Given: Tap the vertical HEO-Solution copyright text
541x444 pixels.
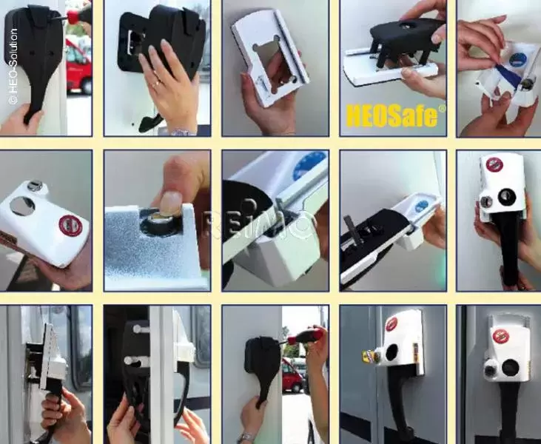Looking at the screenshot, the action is (x=13, y=67).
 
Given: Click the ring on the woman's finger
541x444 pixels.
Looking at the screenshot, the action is (x=157, y=83).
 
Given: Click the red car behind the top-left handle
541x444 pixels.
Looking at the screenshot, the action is (x=78, y=66).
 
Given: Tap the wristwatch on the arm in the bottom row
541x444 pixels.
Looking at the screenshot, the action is (x=246, y=438).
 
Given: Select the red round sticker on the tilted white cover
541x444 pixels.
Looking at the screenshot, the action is (x=70, y=225).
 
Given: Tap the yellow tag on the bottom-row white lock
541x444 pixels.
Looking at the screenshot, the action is (x=369, y=356).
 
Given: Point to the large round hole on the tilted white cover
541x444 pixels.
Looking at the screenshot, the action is (x=22, y=206).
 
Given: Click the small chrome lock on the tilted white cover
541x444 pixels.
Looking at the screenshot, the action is (x=35, y=186).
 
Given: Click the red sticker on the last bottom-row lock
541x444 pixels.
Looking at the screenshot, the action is (x=501, y=337).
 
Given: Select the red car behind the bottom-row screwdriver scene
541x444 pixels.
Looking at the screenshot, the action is (x=292, y=376).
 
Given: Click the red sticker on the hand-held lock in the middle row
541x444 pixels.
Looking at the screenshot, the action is (x=494, y=164).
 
